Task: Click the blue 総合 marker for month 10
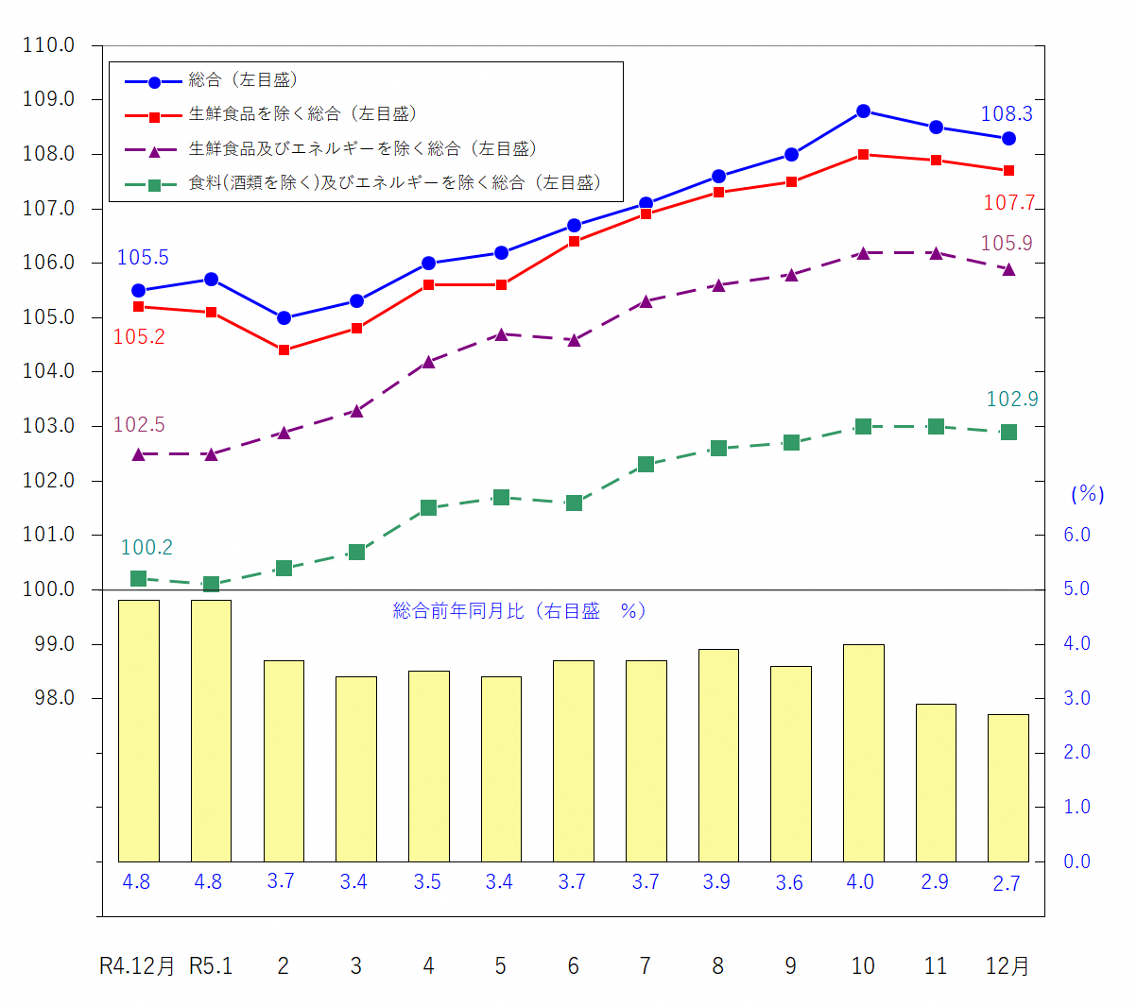(863, 111)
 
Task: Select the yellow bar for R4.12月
(138, 730)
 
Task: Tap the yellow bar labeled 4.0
(863, 753)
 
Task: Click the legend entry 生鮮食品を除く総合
(302, 114)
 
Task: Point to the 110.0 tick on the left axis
(48, 45)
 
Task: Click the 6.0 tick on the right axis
(1077, 536)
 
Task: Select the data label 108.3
(1007, 114)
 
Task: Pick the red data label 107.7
(1008, 203)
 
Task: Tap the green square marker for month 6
(574, 503)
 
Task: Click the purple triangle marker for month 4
(428, 362)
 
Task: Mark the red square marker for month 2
(284, 350)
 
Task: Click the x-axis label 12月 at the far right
(1008, 966)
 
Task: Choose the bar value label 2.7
(1007, 884)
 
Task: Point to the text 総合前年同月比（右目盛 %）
(520, 611)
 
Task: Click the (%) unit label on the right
(1087, 494)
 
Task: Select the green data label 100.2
(146, 548)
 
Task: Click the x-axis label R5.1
(211, 966)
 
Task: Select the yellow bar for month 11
(936, 782)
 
